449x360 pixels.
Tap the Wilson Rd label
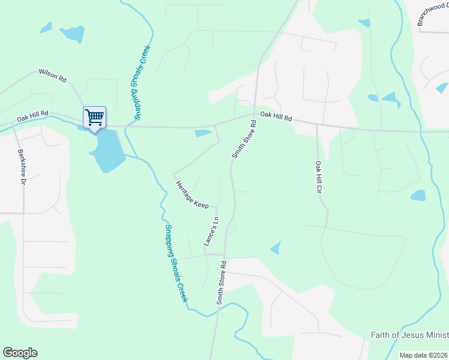(52, 75)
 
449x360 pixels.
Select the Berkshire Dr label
(22, 166)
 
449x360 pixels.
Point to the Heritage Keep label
(192, 194)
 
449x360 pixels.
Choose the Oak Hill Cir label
(319, 177)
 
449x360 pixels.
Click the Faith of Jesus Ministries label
(409, 334)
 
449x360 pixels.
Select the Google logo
(20, 353)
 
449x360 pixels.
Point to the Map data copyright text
(424, 355)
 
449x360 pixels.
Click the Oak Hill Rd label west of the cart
(32, 116)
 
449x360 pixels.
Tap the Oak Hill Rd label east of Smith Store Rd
(276, 116)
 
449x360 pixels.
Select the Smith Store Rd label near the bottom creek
(221, 282)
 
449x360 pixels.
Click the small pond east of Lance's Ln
(276, 247)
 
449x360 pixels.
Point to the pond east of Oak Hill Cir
(418, 195)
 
